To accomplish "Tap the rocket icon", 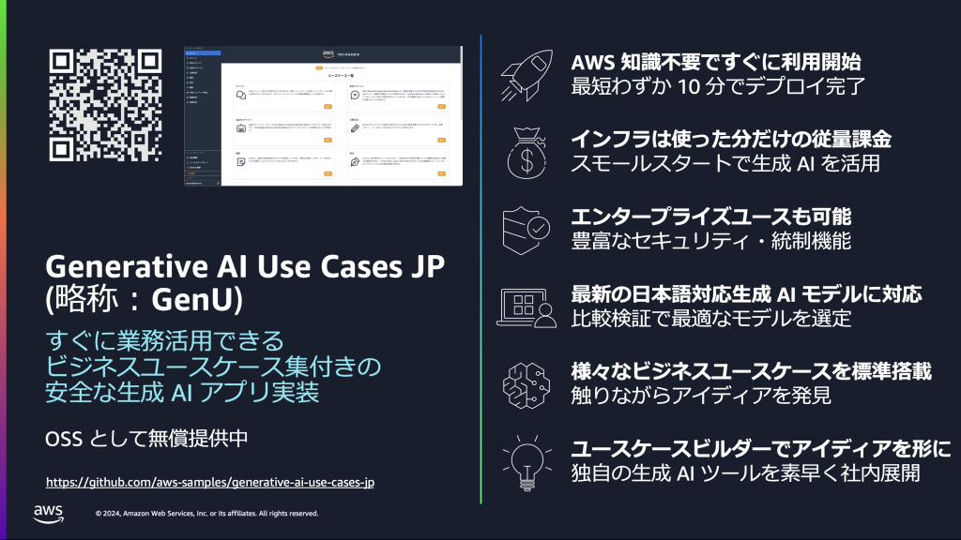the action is tap(526, 76).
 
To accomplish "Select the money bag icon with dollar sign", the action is tap(526, 151).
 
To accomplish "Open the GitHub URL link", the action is tap(210, 483).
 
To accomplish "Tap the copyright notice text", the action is tap(207, 514).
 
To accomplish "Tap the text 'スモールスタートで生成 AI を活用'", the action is tap(711, 164).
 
